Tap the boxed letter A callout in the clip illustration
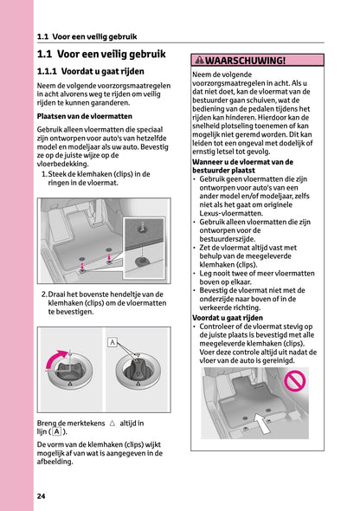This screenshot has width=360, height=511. tap(112, 343)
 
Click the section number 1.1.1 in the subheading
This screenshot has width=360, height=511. tap(52, 72)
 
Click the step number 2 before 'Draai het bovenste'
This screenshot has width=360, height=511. tap(44, 294)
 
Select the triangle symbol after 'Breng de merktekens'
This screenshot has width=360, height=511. tap(112, 423)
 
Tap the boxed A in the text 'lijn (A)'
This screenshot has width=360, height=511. tap(56, 431)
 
